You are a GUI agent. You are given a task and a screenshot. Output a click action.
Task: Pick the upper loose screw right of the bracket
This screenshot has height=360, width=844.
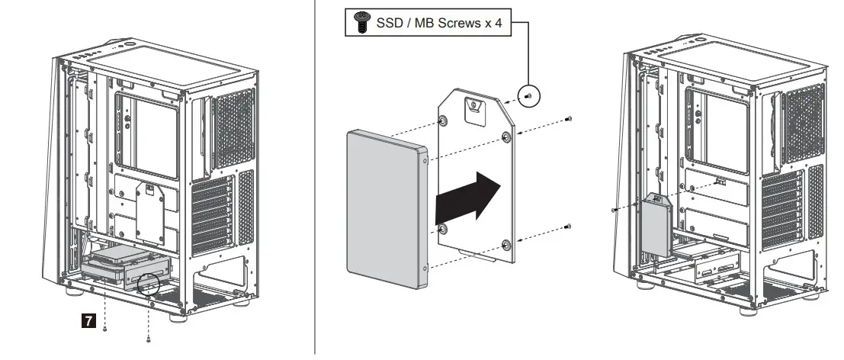569,119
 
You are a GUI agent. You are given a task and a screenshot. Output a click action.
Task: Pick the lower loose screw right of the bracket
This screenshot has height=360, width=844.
569,226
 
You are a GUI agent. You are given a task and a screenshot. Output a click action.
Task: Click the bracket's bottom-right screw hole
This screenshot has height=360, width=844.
505,244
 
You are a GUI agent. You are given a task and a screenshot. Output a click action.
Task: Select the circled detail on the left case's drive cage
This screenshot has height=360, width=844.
147,284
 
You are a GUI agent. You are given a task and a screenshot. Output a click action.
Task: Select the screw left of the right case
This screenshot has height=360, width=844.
615,207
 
